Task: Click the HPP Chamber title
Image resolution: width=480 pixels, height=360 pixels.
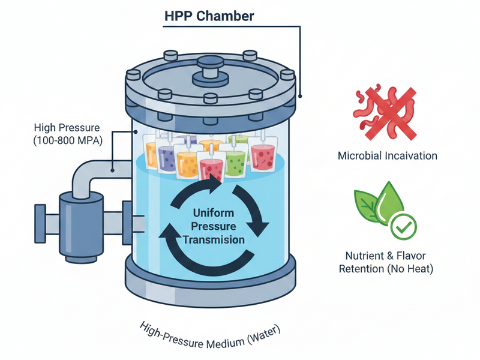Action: [x=209, y=16]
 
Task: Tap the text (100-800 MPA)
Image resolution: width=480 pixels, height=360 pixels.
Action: [x=67, y=142]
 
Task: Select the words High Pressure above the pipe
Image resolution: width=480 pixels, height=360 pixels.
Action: [x=67, y=127]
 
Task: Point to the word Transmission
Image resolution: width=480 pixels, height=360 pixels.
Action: [x=214, y=239]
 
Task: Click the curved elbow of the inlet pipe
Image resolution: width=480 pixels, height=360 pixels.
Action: [x=82, y=175]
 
